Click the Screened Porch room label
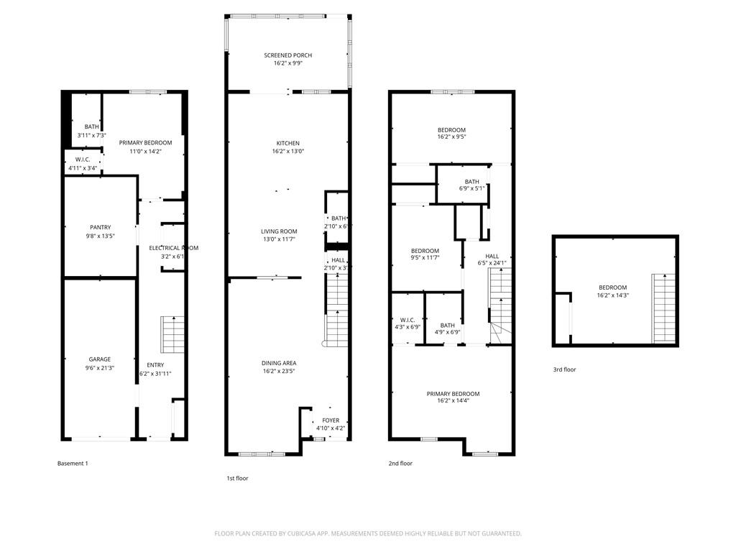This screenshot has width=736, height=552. (287, 55)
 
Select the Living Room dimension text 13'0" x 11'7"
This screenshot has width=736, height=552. (279, 239)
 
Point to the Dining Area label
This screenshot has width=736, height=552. (279, 363)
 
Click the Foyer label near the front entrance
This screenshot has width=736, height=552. (331, 420)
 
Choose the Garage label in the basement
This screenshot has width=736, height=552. (100, 359)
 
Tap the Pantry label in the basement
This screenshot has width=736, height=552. (100, 227)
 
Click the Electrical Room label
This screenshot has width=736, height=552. (173, 248)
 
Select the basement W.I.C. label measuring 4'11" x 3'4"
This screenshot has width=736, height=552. (82, 160)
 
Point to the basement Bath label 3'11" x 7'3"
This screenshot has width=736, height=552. (91, 126)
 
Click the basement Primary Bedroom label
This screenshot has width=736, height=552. (145, 142)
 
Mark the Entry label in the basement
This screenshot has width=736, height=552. (155, 365)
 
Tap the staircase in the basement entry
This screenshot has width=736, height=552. (172, 334)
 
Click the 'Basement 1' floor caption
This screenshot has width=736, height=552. (73, 464)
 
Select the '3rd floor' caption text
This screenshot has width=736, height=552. (564, 369)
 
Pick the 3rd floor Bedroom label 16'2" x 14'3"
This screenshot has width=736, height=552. (612, 287)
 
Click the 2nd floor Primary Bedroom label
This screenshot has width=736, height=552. (453, 394)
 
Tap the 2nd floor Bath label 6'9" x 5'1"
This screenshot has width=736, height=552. (471, 182)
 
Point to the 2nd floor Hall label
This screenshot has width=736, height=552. (492, 256)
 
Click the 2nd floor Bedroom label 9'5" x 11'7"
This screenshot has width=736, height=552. (425, 251)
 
